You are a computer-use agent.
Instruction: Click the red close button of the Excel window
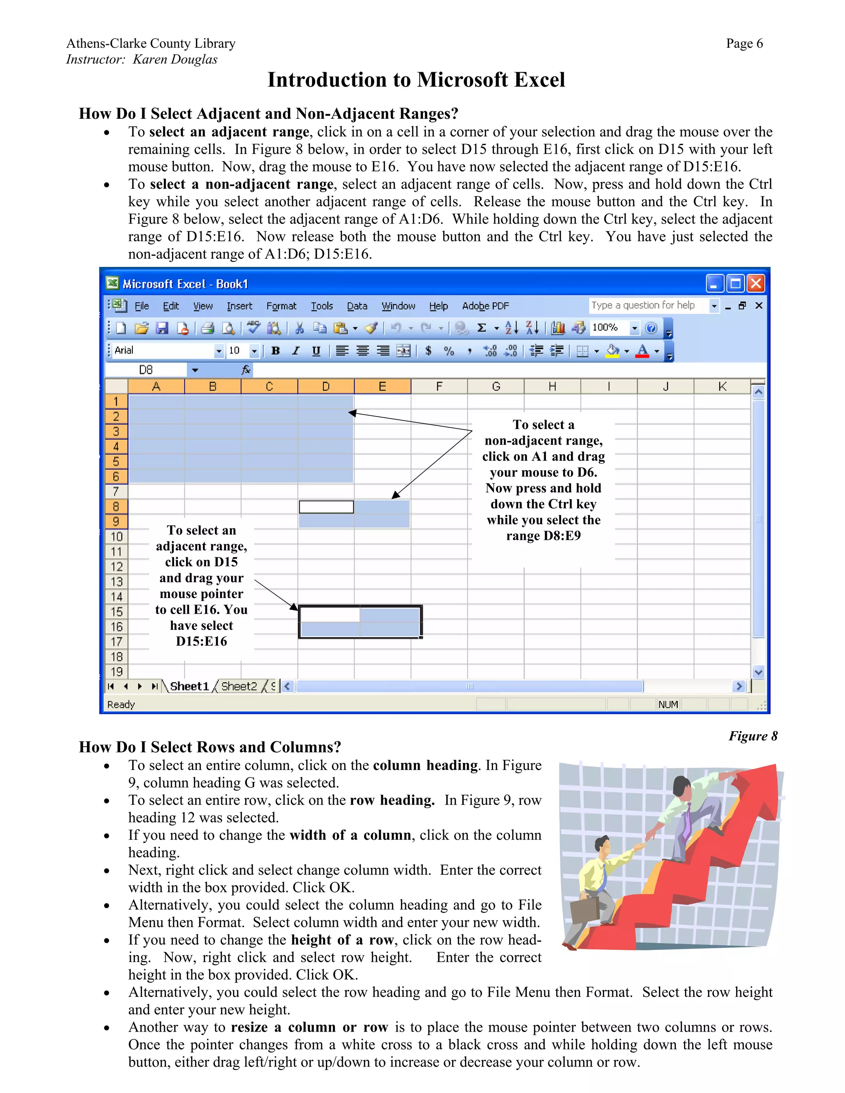tap(756, 284)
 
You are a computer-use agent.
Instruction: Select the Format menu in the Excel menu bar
tap(281, 306)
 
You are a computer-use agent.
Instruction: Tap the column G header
tap(496, 386)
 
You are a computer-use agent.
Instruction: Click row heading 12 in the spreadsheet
tap(116, 567)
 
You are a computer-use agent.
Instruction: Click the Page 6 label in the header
tap(744, 44)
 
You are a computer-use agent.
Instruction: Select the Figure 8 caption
tap(753, 736)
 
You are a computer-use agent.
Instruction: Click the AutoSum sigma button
tap(482, 328)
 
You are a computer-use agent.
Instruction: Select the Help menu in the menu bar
tap(438, 306)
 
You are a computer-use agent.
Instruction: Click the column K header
tap(722, 386)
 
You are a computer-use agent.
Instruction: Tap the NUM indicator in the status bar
tap(668, 704)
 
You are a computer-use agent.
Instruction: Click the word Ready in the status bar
tap(121, 704)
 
